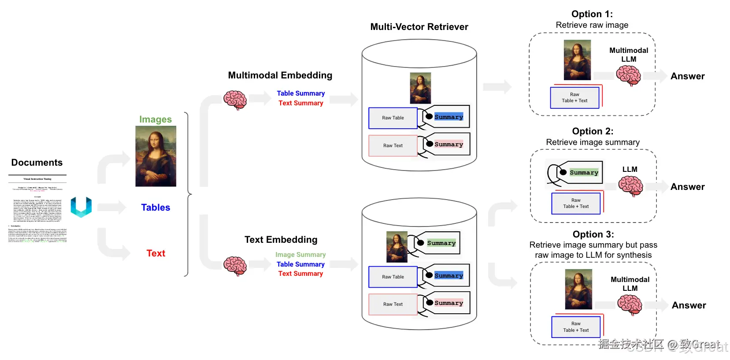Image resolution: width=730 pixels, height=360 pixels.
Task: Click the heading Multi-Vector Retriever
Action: click(x=419, y=27)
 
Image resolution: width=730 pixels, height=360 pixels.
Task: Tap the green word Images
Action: click(x=156, y=119)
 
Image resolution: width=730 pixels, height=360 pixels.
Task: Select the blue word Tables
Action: click(x=156, y=208)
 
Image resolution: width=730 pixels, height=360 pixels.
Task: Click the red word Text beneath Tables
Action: click(x=156, y=253)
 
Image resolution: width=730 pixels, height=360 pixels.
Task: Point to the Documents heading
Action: click(x=37, y=163)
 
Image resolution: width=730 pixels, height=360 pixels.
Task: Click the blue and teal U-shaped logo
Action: click(x=81, y=207)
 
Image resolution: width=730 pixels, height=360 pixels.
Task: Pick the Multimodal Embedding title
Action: click(x=280, y=75)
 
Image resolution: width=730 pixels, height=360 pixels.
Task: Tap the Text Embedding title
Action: click(x=281, y=240)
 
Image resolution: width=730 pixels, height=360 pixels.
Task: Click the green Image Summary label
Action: click(x=300, y=255)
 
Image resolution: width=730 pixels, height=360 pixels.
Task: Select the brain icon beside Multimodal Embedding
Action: click(x=235, y=100)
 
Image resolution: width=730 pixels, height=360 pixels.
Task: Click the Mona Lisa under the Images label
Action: click(x=156, y=156)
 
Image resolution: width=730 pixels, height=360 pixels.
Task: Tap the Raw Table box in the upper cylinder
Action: click(x=393, y=118)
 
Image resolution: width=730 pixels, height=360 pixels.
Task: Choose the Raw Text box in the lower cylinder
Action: click(x=393, y=304)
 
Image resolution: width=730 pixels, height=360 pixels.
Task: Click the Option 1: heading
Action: click(x=592, y=14)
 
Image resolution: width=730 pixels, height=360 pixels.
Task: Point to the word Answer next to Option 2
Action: click(x=687, y=187)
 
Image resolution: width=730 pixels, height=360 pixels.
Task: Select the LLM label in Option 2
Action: click(x=630, y=170)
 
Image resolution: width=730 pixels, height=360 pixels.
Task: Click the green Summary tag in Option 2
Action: click(x=584, y=173)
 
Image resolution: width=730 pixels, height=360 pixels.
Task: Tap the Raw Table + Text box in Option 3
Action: click(x=576, y=327)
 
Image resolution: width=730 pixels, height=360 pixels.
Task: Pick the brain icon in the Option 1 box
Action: click(x=629, y=75)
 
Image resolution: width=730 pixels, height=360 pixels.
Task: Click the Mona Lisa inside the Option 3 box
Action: click(x=578, y=289)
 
